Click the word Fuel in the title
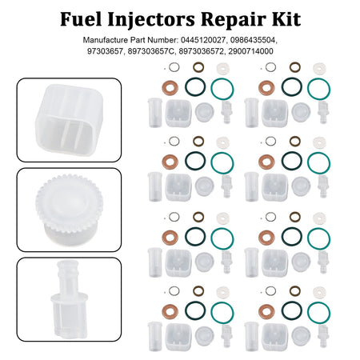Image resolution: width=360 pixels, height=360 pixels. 81,19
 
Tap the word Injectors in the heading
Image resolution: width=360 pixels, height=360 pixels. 150,20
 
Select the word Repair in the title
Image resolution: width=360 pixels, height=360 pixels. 234,20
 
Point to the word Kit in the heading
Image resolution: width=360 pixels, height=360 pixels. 286,19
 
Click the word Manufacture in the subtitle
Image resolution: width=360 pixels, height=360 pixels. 106,40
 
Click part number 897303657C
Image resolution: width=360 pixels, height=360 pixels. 151,51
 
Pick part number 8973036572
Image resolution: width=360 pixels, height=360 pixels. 202,51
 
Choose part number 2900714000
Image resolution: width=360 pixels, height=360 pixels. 250,51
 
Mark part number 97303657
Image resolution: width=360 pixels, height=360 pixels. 105,51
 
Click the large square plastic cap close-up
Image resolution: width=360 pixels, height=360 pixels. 69,119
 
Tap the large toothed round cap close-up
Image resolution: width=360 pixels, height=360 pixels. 69,210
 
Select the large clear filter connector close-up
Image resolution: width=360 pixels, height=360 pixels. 69,299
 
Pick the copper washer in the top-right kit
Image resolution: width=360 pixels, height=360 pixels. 266,88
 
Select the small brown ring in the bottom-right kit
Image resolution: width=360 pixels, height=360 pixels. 295,291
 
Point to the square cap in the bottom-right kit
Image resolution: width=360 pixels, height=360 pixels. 274,338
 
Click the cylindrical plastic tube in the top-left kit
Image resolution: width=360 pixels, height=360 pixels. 155,113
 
